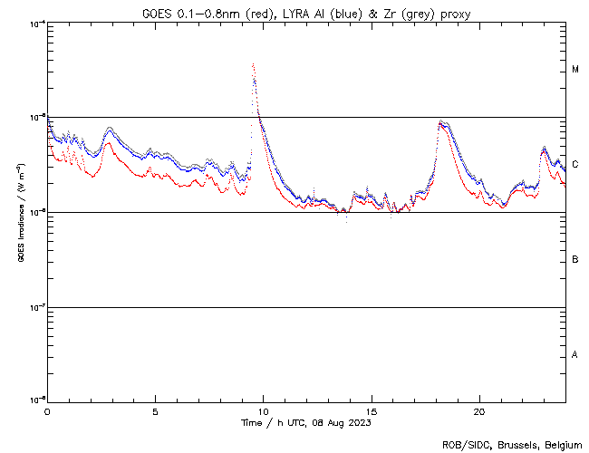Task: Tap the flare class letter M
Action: tap(575, 70)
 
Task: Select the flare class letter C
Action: tap(575, 164)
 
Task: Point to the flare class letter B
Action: tap(575, 260)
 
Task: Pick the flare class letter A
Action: tap(575, 354)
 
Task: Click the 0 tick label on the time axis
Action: tap(47, 410)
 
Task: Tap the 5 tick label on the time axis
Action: tap(155, 410)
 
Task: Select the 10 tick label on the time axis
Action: tap(263, 410)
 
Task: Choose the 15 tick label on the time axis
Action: tap(371, 410)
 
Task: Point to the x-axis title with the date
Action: tap(306, 422)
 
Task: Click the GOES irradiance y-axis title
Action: tap(20, 212)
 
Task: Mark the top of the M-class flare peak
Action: tap(253, 65)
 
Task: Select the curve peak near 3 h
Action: tap(110, 130)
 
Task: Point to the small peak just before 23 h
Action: tap(544, 148)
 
